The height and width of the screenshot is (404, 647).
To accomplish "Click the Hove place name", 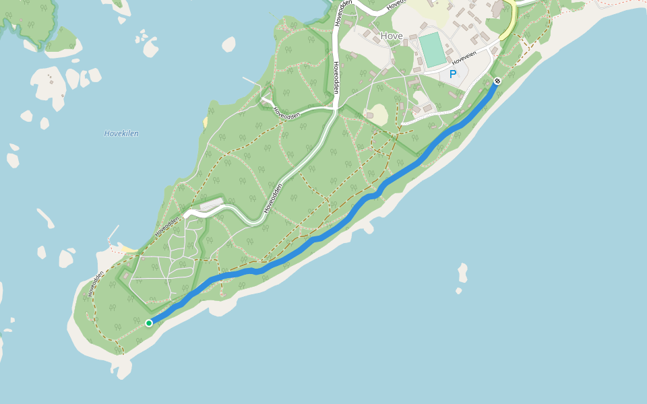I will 391,36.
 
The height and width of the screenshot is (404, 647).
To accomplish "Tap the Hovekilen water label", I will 121,133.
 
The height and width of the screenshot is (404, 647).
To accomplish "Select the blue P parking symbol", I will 453,74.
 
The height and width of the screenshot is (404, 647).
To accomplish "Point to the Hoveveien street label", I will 464,60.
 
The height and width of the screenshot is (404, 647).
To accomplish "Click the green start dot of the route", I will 149,323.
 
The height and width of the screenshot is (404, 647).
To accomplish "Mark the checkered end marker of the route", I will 497,81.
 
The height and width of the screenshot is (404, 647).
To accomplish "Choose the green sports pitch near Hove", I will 432,49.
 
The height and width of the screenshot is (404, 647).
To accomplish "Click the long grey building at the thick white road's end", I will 211,203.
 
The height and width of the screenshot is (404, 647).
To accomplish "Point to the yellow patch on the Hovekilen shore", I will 204,122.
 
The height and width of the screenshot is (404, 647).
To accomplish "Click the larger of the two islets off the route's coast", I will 462,272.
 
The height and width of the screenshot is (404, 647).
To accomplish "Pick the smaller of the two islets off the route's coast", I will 458,291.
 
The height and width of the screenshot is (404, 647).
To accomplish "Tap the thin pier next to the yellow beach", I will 113,232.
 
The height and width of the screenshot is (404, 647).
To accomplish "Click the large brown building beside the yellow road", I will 497,9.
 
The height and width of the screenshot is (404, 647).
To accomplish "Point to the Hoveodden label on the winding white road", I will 272,199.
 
